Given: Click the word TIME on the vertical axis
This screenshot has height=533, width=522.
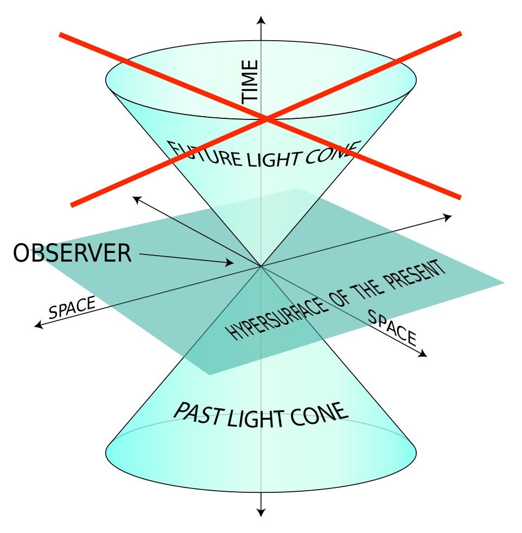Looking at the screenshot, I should click(x=251, y=81).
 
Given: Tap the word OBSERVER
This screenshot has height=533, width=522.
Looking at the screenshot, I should click(x=72, y=253).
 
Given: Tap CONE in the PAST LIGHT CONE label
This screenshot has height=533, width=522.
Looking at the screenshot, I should click(x=320, y=414).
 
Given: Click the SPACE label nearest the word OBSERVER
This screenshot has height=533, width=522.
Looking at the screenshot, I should click(x=72, y=308).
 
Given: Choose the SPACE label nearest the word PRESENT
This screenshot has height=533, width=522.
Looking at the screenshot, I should click(x=392, y=328).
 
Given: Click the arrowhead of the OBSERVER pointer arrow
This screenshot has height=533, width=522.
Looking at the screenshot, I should click(x=231, y=264).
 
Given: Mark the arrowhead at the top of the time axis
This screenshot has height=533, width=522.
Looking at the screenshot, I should click(x=262, y=20).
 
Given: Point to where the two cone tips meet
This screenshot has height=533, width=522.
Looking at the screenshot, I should click(x=261, y=266).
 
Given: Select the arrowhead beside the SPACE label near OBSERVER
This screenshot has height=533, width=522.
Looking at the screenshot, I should click(x=38, y=325).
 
